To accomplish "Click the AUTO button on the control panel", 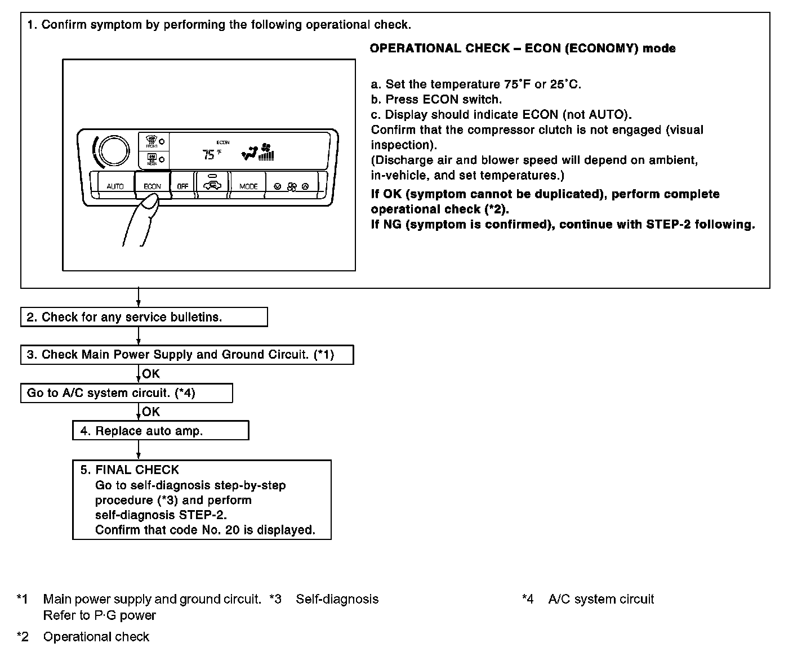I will [115, 186].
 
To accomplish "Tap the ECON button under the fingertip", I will [152, 185].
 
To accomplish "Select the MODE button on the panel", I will [248, 186].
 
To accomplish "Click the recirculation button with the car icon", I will [212, 184].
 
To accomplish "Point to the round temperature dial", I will [111, 150].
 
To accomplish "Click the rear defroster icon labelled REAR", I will [152, 159].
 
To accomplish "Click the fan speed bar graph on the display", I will [266, 154].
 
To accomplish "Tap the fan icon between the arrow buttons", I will [291, 186].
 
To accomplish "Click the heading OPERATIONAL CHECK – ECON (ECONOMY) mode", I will [522, 48].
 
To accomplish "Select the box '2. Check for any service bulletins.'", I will [144, 317].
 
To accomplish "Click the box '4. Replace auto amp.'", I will [161, 431].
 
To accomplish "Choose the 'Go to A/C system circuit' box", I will [126, 393].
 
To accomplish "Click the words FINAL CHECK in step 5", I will [137, 470].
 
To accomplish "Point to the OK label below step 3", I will [151, 374].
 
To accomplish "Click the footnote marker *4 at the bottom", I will [528, 599].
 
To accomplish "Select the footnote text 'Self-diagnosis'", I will [337, 599].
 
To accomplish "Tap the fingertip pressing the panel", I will [150, 202].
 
